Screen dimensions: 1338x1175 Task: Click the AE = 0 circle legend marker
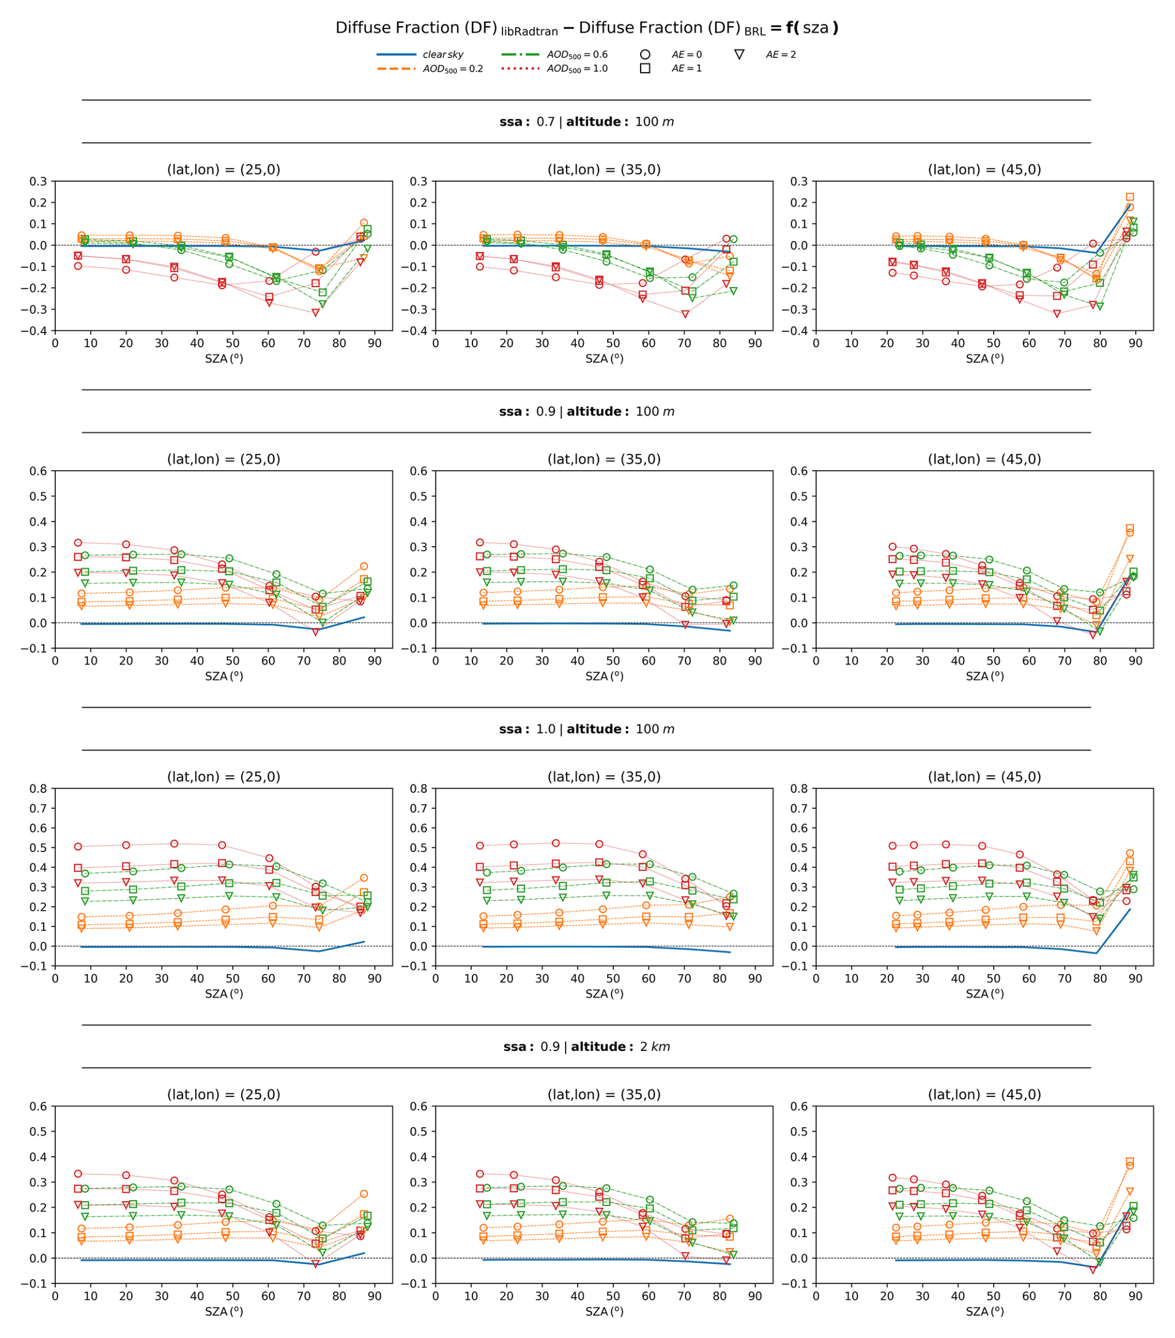tap(645, 55)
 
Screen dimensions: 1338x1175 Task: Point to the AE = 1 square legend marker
tap(645, 69)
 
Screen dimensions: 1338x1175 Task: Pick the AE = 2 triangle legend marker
tap(739, 55)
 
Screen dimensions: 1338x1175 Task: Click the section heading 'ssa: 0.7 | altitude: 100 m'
tap(587, 122)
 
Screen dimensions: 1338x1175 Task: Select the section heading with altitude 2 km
tap(587, 1048)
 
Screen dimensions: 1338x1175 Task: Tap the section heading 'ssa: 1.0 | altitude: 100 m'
tap(587, 729)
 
